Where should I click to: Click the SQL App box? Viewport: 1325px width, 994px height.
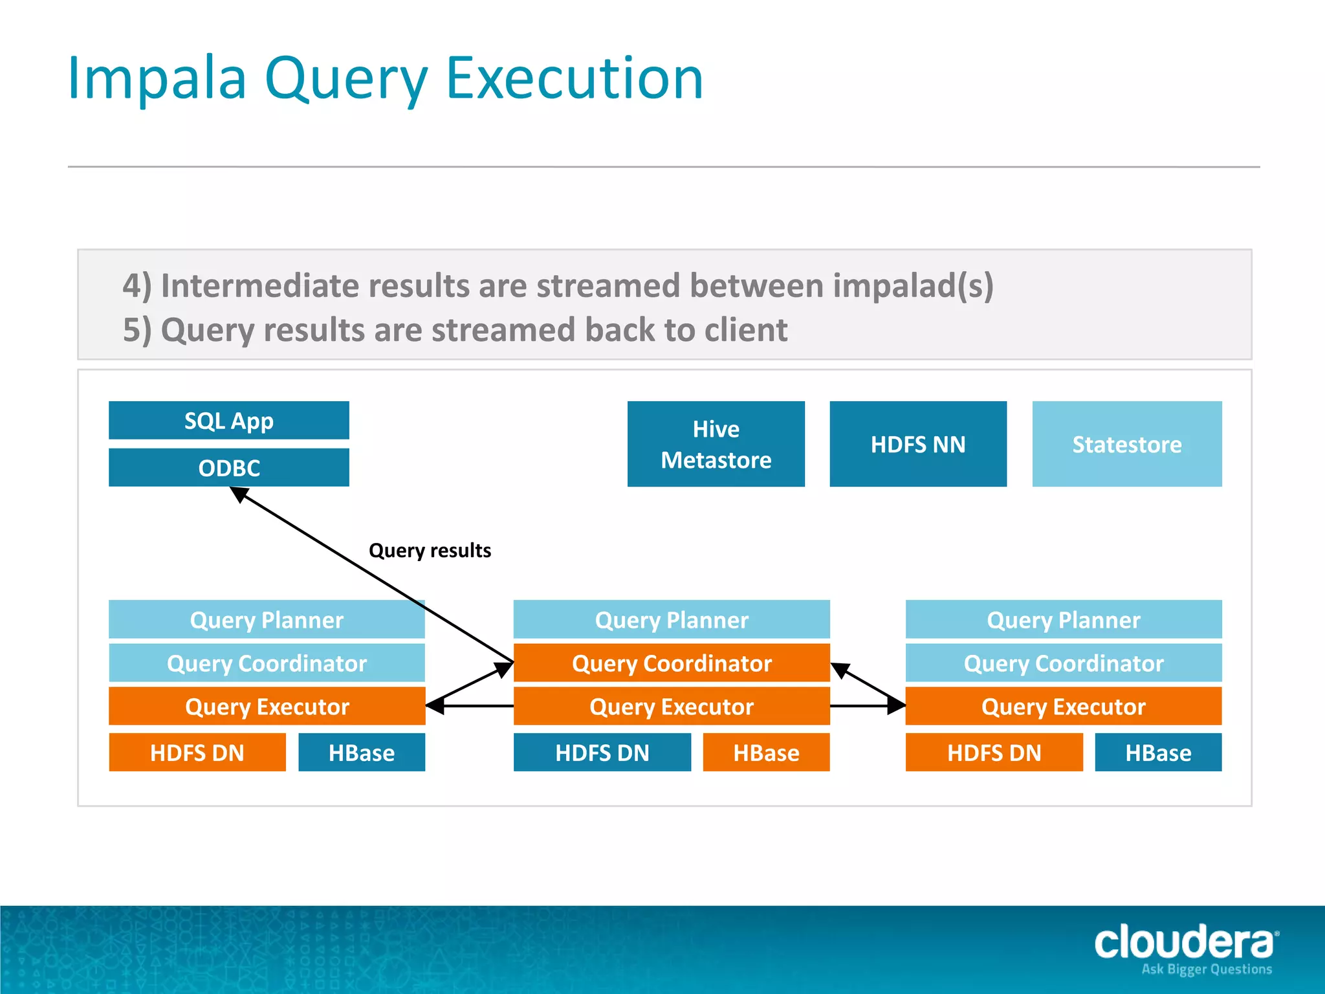pyautogui.click(x=228, y=421)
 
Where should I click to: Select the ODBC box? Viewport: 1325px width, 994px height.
pyautogui.click(x=228, y=467)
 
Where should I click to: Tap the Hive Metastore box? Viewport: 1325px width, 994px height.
pyautogui.click(x=716, y=444)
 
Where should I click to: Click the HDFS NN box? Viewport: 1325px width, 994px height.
pyautogui.click(x=917, y=444)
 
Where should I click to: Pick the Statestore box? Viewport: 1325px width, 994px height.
pyautogui.click(x=1126, y=444)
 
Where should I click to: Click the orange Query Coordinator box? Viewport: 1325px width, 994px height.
pyautogui.click(x=671, y=663)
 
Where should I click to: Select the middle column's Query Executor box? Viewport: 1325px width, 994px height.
pyautogui.click(x=671, y=706)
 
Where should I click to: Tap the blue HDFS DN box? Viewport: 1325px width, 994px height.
pyautogui.click(x=602, y=752)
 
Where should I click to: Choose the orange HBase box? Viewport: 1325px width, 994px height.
pyautogui.click(x=766, y=752)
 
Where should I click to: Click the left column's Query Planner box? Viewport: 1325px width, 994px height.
pyautogui.click(x=267, y=619)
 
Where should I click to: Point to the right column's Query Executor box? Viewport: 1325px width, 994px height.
pyautogui.click(x=1063, y=706)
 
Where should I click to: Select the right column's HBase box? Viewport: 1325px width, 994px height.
pyautogui.click(x=1158, y=752)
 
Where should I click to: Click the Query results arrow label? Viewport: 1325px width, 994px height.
pyautogui.click(x=430, y=550)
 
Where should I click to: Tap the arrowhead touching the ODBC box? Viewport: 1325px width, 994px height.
pyautogui.click(x=239, y=494)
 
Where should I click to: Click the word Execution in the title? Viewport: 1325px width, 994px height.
pyautogui.click(x=575, y=79)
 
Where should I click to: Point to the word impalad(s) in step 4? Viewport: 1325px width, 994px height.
pyautogui.click(x=912, y=285)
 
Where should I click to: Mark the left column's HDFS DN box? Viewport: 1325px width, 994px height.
pyautogui.click(x=197, y=752)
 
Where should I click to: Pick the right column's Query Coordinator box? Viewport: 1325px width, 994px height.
pyautogui.click(x=1063, y=663)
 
